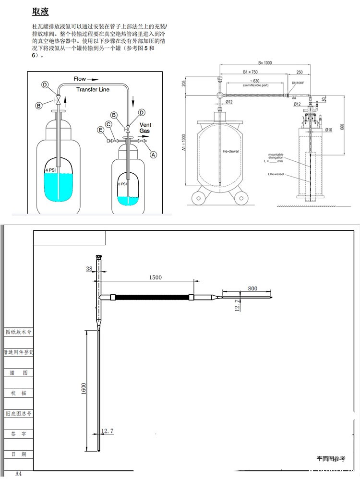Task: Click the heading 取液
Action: (40, 12)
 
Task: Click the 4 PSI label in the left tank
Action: (50, 170)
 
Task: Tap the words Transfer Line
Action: (93, 90)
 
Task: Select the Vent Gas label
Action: (145, 128)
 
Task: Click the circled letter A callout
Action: (154, 155)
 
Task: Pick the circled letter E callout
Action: (100, 130)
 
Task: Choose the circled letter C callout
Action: (109, 124)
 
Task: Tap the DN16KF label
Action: (299, 83)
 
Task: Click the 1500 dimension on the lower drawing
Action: (155, 277)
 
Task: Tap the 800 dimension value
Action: (252, 288)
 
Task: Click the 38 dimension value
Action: (89, 269)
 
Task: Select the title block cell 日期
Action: (18, 454)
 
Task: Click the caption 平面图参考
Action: (331, 459)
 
